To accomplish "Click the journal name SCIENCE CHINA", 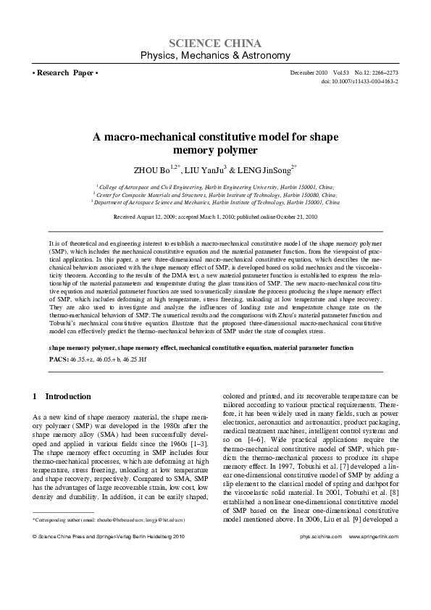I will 215,42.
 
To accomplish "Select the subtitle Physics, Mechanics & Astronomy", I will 215,55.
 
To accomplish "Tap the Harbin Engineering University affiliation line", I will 215,186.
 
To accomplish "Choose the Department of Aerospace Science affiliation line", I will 215,203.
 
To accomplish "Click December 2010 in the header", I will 306,74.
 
